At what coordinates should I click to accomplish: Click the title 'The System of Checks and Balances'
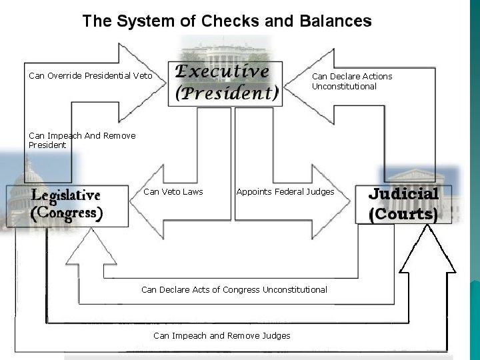point(227,21)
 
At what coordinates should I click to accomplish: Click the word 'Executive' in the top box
point(222,71)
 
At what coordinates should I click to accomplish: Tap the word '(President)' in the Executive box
point(227,93)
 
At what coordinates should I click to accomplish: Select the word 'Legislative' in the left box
point(66,195)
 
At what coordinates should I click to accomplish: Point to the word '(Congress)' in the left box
point(67,214)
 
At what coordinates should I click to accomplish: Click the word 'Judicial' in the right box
point(403,194)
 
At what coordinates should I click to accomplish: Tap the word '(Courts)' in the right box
point(403,215)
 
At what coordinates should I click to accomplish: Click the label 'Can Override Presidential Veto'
point(91,76)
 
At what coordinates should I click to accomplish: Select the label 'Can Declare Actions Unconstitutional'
point(352,81)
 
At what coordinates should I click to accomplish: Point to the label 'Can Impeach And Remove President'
point(82,140)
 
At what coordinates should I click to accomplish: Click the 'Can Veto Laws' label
point(173,192)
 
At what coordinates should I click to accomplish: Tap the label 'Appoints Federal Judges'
point(285,192)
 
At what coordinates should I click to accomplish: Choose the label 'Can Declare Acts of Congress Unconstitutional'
point(234,289)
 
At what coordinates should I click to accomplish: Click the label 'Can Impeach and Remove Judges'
point(222,335)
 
